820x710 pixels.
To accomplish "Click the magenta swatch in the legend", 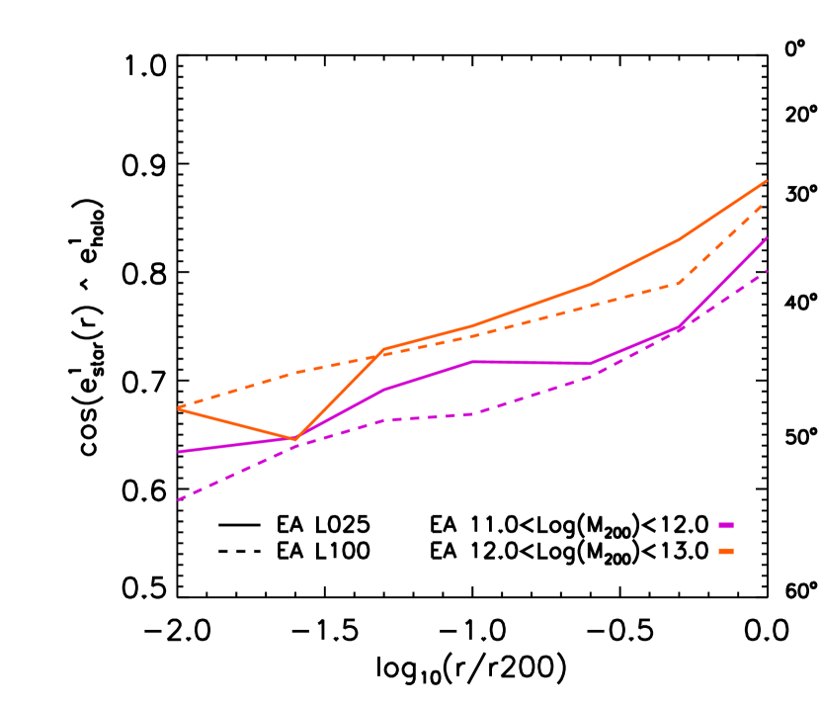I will point(726,525).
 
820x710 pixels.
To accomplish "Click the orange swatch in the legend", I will point(726,551).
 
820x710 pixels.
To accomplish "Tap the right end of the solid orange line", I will point(767,181).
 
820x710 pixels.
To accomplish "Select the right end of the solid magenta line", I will point(767,238).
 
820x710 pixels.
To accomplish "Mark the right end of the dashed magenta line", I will point(767,271).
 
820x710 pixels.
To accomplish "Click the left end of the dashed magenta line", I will point(179,499).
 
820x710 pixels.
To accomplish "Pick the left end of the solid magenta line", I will point(179,452).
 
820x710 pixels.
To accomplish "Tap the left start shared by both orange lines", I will point(179,407).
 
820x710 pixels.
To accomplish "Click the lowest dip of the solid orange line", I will point(295,439).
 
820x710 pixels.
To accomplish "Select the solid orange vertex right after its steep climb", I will point(383,349).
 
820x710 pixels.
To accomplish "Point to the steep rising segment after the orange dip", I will point(339,395).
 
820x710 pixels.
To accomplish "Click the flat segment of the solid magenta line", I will point(532,363).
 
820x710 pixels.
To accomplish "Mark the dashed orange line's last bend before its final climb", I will point(679,283).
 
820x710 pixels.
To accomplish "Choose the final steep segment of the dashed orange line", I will point(723,241).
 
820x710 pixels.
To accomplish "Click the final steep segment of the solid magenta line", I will point(723,282).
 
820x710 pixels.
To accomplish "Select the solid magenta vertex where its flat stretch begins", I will point(472,361).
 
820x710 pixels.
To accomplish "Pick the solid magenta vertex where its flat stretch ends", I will point(591,364).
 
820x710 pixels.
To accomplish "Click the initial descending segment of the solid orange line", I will point(237,423).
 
